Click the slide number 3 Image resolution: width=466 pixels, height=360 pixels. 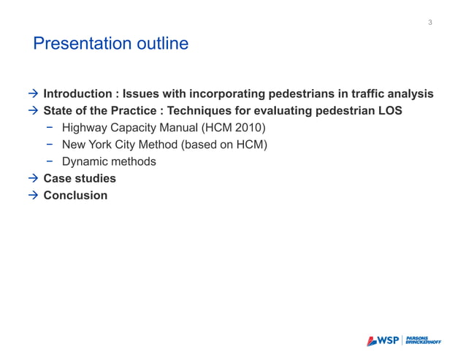(x=430, y=23)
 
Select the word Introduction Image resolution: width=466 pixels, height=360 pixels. (x=78, y=94)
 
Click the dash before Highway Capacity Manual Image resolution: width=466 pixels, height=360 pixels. (x=50, y=128)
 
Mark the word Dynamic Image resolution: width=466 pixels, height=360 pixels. (x=84, y=161)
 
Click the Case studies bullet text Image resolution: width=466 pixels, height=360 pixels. (x=80, y=178)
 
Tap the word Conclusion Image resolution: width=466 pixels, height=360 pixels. (x=75, y=195)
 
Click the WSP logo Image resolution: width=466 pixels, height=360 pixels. (x=383, y=340)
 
